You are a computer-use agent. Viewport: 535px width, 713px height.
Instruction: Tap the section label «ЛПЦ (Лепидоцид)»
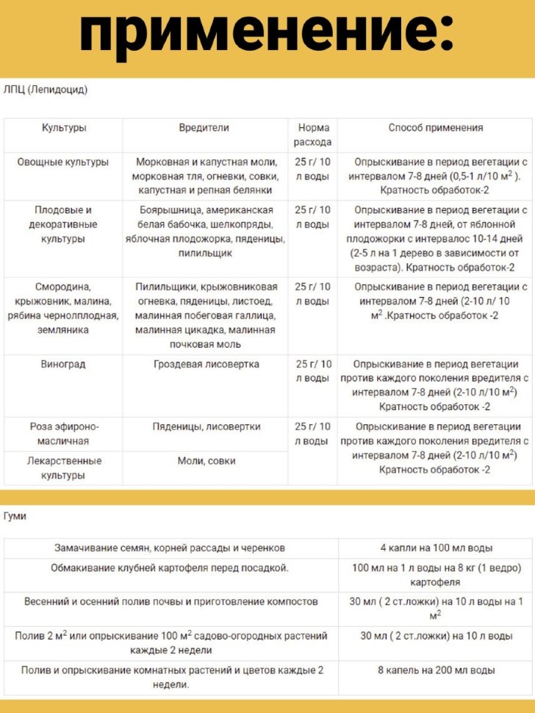pos(46,90)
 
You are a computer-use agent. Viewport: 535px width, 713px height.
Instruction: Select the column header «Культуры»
pos(63,128)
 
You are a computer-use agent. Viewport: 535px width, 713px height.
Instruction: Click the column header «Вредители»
pos(204,128)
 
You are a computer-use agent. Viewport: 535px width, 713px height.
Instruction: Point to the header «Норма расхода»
pos(313,135)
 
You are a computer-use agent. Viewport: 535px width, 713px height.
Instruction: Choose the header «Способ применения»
pos(436,128)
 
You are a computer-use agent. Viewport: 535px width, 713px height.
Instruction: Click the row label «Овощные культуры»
pos(63,162)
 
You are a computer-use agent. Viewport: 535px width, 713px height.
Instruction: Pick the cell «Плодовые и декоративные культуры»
pos(63,224)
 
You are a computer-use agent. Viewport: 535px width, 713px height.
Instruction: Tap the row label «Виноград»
pos(63,364)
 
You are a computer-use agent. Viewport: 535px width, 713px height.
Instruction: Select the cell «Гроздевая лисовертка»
pos(206,364)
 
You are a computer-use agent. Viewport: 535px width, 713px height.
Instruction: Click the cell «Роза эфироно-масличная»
pos(63,434)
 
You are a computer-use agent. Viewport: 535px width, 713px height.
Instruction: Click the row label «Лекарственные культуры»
pos(63,468)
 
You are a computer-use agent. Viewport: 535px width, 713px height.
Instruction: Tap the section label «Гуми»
pos(15,516)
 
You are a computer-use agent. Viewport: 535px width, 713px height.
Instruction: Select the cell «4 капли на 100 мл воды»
pos(436,548)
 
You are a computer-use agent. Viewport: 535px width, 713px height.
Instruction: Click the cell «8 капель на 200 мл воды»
pos(436,670)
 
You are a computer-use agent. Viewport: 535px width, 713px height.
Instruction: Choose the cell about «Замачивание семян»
pos(170,548)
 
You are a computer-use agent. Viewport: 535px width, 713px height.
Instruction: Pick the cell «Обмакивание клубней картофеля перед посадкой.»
pos(170,568)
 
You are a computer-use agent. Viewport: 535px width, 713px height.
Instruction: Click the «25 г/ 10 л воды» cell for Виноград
pos(313,371)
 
